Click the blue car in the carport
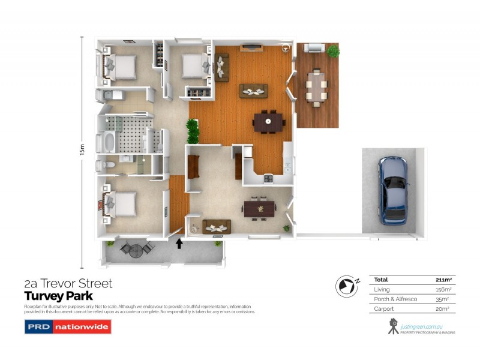(394, 190)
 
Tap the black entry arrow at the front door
(178, 243)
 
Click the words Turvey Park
(58, 296)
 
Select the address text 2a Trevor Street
(68, 283)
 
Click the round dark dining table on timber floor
(268, 123)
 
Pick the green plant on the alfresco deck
(333, 52)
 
